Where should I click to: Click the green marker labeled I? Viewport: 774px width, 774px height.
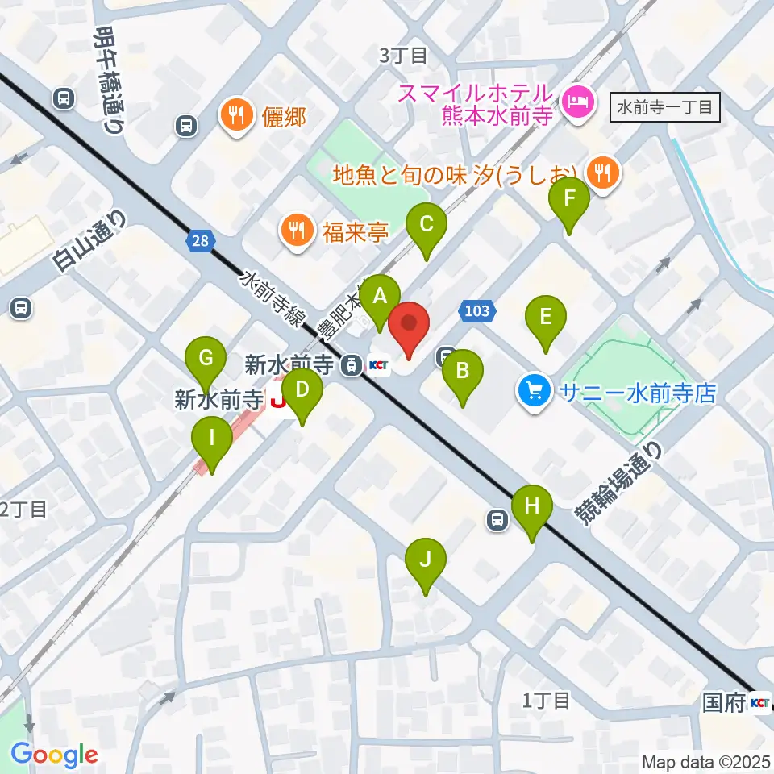click(212, 440)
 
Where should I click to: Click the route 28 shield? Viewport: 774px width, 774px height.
click(200, 239)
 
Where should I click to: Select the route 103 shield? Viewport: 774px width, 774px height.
click(476, 310)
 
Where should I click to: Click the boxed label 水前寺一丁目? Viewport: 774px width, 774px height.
click(665, 106)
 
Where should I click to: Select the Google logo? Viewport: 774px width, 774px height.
click(54, 755)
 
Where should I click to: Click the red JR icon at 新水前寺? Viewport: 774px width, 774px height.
click(278, 397)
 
